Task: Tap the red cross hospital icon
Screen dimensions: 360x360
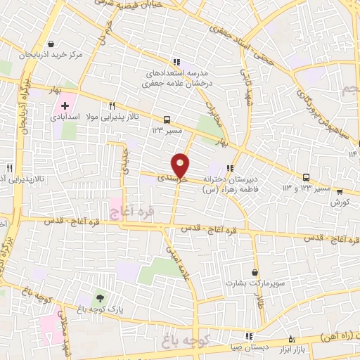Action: [65, 105]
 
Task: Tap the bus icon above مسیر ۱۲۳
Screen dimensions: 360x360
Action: [167, 120]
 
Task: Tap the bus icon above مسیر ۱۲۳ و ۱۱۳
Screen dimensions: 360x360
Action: [306, 177]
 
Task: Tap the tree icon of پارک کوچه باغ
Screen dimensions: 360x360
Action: [98, 300]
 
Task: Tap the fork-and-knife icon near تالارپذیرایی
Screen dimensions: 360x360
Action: [9, 169]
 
